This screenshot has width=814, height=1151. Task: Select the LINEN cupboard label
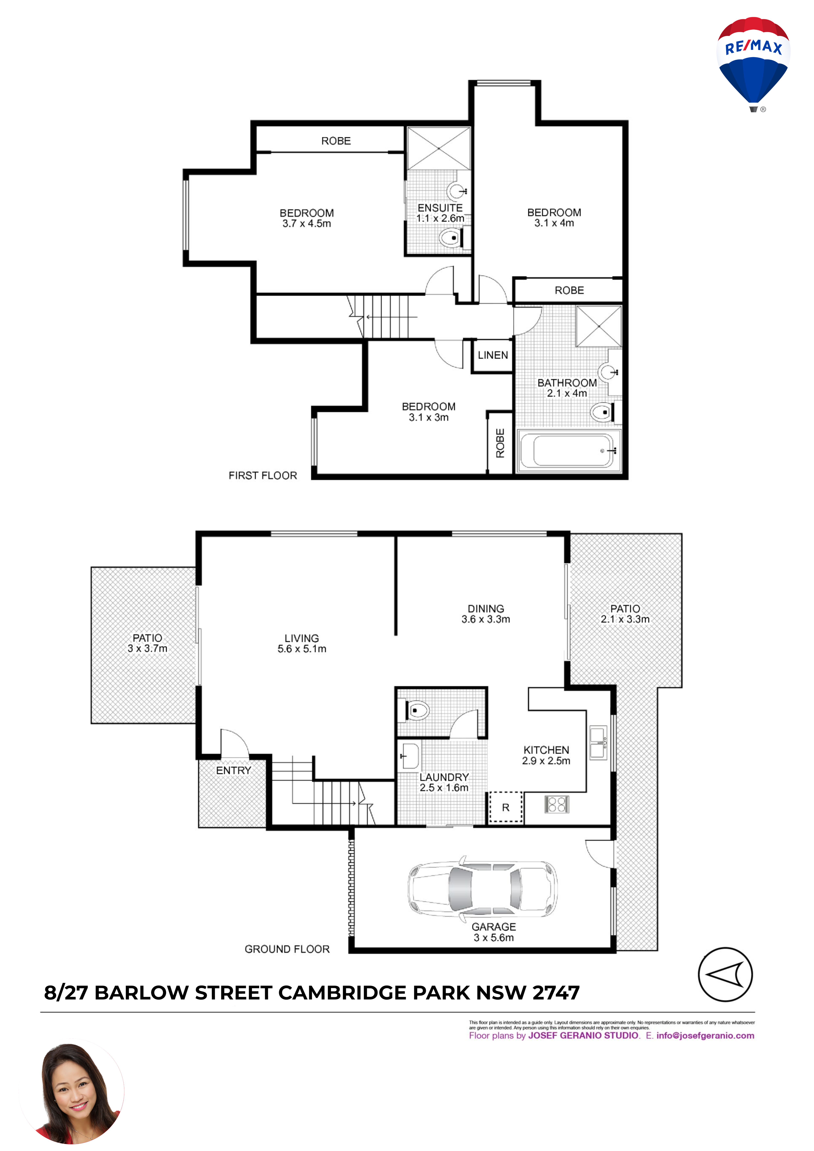[x=493, y=355]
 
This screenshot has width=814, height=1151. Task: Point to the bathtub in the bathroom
[x=569, y=451]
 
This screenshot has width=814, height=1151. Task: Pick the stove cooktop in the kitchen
[x=557, y=804]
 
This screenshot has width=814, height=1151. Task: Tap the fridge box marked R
[x=506, y=807]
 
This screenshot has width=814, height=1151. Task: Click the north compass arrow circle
[x=725, y=974]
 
